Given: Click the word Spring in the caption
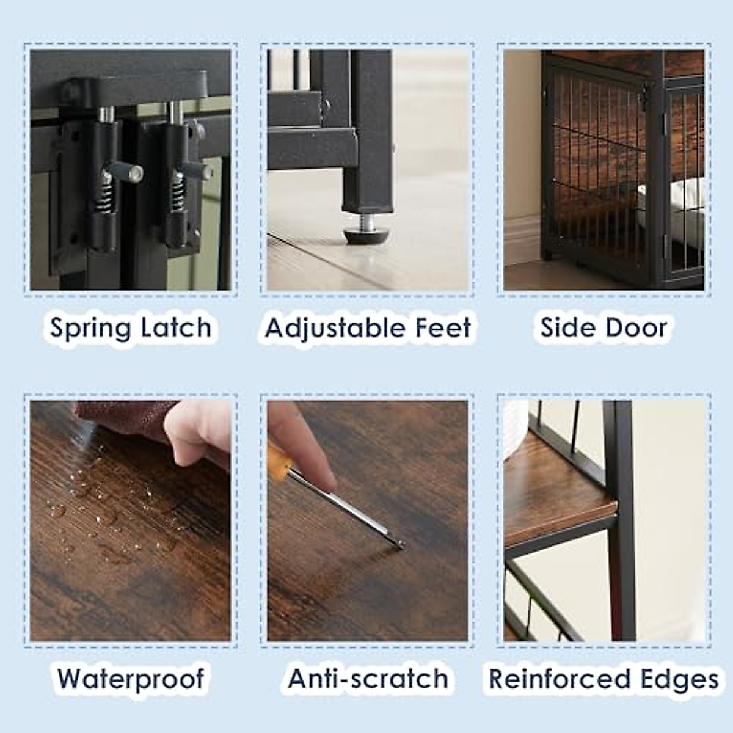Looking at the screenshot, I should pos(90,329).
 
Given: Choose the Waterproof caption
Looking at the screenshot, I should pos(131,679).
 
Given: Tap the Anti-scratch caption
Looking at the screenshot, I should pos(368,679).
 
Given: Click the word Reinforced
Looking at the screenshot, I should pos(560,679).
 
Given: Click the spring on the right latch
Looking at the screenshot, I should pos(178,186).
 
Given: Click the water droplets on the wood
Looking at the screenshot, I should pos(104,507).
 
